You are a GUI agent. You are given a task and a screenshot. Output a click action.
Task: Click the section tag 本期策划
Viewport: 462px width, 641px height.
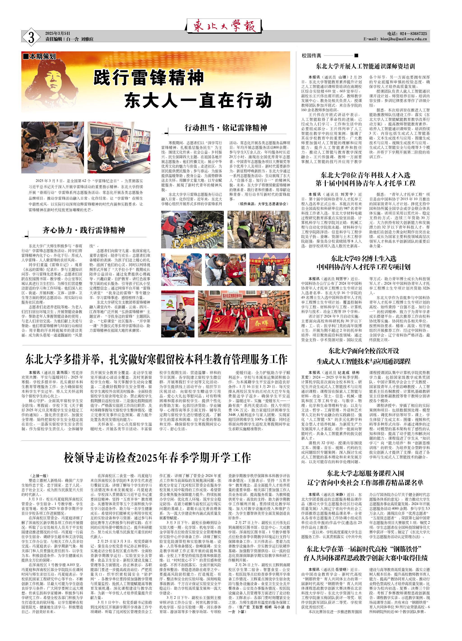39,57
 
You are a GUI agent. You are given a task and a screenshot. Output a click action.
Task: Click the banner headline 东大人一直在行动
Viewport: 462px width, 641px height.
198,100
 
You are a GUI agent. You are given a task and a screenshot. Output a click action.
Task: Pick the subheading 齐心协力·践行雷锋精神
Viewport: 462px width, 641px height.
84,230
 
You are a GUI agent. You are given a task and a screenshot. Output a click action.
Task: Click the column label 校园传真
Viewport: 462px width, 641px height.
312,56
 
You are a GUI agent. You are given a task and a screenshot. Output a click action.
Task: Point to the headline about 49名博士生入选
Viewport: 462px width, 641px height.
363,263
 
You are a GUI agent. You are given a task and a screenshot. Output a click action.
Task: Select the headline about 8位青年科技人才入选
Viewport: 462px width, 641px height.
365,179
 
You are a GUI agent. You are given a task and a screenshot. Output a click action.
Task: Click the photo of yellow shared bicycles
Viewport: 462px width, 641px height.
192,230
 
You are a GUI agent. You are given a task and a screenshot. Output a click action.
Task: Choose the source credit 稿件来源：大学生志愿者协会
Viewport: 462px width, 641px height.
263,204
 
